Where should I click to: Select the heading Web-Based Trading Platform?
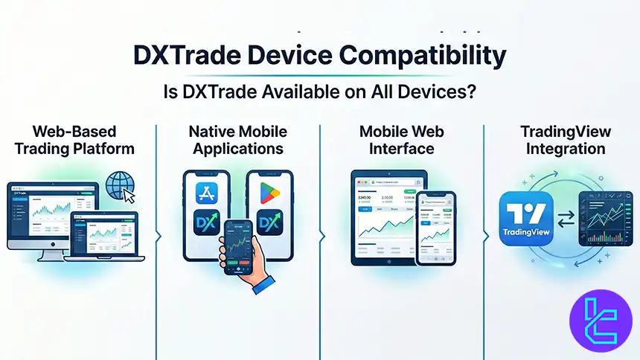(x=73, y=140)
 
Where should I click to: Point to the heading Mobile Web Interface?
(x=401, y=140)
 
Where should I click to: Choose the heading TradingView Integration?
(x=566, y=140)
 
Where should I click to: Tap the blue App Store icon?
(x=204, y=194)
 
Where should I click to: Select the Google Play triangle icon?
(x=268, y=193)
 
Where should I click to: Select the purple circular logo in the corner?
(x=600, y=317)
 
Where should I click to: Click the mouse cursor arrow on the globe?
(x=129, y=196)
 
